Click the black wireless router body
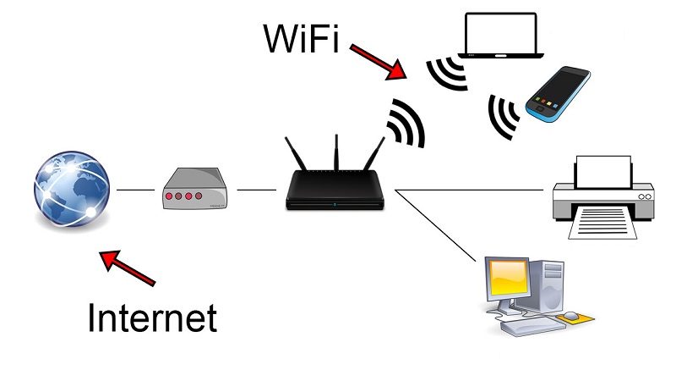336,190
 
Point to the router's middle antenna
336,152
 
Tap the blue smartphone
557,93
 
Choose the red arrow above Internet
127,267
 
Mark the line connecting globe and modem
134,190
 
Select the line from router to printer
469,190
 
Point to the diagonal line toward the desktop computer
435,225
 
